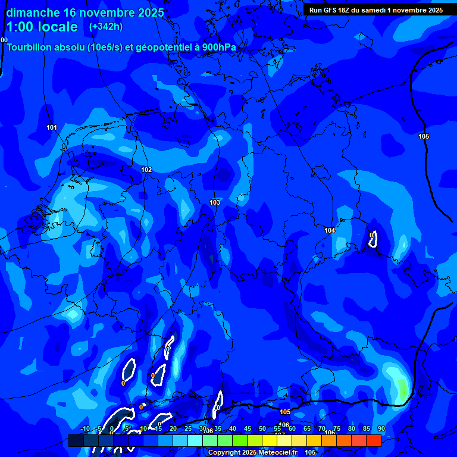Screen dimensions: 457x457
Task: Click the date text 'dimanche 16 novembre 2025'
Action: (80, 12)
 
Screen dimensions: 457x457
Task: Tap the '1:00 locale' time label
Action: (42, 27)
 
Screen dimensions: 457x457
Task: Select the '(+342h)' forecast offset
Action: (106, 27)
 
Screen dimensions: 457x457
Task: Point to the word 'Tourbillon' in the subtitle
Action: (32, 47)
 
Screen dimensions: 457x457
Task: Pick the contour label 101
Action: (52, 128)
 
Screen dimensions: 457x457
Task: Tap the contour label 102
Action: (146, 170)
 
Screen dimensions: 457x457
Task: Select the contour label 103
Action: (215, 203)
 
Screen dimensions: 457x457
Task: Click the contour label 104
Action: (330, 230)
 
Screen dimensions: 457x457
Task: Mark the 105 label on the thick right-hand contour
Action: (423, 137)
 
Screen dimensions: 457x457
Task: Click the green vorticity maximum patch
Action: (403, 389)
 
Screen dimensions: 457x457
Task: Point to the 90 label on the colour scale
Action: (381, 429)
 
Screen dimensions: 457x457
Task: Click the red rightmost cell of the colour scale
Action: (373, 440)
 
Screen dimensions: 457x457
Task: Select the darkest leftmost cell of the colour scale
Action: (76, 440)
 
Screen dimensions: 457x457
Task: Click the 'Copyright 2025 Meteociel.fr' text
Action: (253, 452)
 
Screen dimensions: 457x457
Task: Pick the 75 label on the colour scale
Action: (337, 429)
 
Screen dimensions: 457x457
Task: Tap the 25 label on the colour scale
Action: (188, 429)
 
